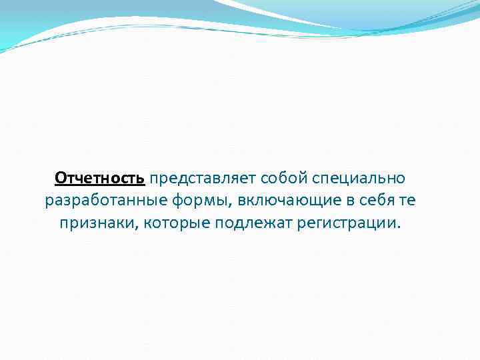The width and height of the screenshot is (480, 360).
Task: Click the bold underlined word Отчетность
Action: click(99, 178)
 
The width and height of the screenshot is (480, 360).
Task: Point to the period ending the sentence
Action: click(400, 225)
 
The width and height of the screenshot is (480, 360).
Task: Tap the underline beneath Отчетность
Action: click(99, 185)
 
